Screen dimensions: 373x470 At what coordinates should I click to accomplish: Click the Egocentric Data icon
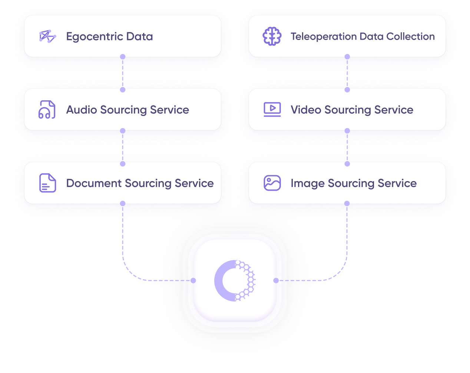tap(47, 36)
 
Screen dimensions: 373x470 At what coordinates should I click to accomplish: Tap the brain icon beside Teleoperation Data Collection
tap(272, 36)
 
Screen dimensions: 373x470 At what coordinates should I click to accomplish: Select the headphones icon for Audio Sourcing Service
tap(47, 110)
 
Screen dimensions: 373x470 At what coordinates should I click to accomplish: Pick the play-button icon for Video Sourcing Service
tap(272, 110)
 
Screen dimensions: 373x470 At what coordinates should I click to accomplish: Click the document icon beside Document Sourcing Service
tap(47, 183)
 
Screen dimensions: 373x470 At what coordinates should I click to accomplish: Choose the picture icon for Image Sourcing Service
tap(272, 183)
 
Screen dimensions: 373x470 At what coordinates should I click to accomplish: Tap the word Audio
tap(82, 110)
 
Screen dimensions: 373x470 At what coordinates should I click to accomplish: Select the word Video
tap(306, 110)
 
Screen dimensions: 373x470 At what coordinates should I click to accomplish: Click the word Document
tap(94, 183)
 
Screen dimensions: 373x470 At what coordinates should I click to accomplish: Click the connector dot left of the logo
tap(193, 280)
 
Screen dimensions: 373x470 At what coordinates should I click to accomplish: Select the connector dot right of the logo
tap(276, 280)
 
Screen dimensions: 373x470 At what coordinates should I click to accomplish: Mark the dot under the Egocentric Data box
tap(123, 57)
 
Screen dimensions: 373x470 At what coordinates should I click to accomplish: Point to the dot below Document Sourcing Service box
tap(123, 203)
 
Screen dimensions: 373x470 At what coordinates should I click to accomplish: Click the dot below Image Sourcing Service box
tap(347, 203)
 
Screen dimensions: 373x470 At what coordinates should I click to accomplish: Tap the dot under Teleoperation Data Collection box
tap(347, 57)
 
